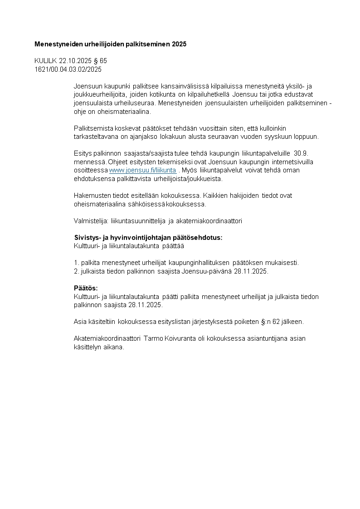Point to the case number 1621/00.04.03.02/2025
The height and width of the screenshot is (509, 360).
pyautogui.click(x=68, y=69)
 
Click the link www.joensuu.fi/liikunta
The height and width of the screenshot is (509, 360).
pyautogui.click(x=143, y=170)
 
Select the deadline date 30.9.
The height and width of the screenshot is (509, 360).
pyautogui.click(x=302, y=154)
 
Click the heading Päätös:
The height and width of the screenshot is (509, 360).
pyautogui.click(x=86, y=288)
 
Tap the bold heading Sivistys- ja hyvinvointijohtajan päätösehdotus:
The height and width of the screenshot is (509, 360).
pyautogui.click(x=148, y=238)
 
